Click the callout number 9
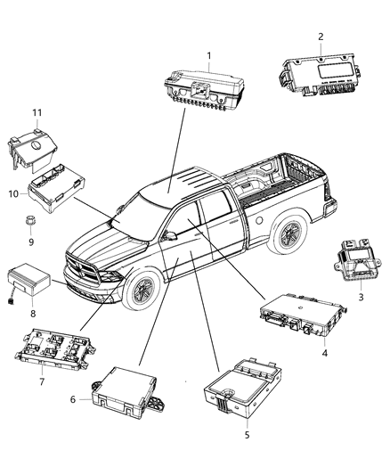click(28, 241)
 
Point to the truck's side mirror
click(167, 235)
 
